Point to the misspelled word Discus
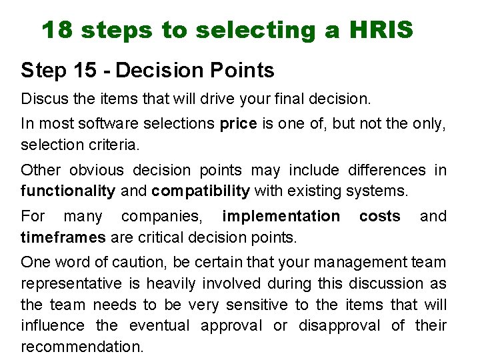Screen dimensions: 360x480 pos(41,99)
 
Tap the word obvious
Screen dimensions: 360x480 pos(97,170)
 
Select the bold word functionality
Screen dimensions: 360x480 pos(68,191)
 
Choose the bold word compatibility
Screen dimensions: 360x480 pos(200,191)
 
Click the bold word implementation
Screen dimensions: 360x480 pos(281,216)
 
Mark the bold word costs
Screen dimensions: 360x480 pos(379,216)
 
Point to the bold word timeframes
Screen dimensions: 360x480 pos(63,237)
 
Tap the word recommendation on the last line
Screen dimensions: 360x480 pos(82,347)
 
